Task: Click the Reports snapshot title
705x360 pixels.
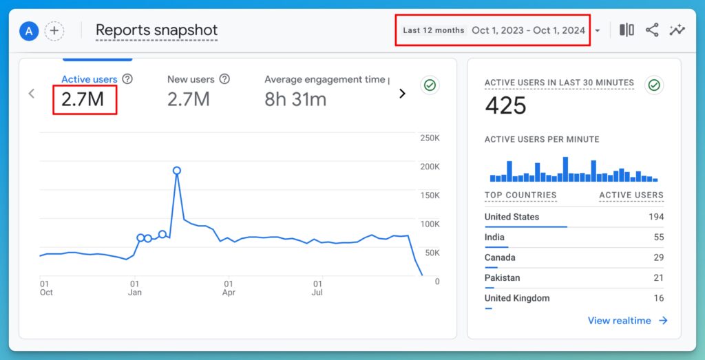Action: [156, 30]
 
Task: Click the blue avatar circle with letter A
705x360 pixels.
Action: [28, 31]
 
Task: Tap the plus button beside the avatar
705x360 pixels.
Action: [54, 31]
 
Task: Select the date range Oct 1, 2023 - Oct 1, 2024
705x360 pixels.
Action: [528, 30]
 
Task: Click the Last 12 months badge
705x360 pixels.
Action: [433, 30]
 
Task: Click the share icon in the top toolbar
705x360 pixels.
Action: [652, 30]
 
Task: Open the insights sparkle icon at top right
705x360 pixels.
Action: [677, 30]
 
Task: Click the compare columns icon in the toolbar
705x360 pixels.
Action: [627, 30]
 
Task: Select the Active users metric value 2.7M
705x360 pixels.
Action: [83, 99]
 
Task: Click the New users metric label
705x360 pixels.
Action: [191, 80]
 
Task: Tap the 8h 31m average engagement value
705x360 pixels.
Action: [295, 99]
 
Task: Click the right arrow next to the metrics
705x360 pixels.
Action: [402, 94]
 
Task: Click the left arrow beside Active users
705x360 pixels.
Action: [31, 94]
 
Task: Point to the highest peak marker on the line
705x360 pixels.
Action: [177, 170]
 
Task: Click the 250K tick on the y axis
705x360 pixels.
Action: [430, 138]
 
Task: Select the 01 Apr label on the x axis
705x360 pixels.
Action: [229, 288]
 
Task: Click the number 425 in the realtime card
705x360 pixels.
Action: [505, 105]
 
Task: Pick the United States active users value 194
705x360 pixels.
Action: [655, 217]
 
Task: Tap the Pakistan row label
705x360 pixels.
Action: [502, 278]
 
